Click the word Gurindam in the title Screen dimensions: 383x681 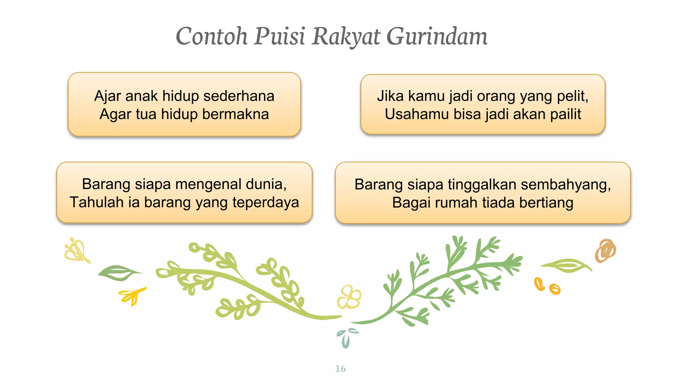click(x=437, y=37)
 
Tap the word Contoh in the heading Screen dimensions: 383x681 click(x=211, y=37)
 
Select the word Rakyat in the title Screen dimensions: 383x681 click(x=345, y=37)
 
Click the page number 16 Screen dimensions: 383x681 click(x=340, y=368)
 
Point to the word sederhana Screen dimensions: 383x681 click(x=239, y=96)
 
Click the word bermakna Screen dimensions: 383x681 click(x=235, y=114)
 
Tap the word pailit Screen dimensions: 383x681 click(x=565, y=114)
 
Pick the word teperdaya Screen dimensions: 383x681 click(x=266, y=202)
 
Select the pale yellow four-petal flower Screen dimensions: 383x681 click(x=349, y=297)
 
